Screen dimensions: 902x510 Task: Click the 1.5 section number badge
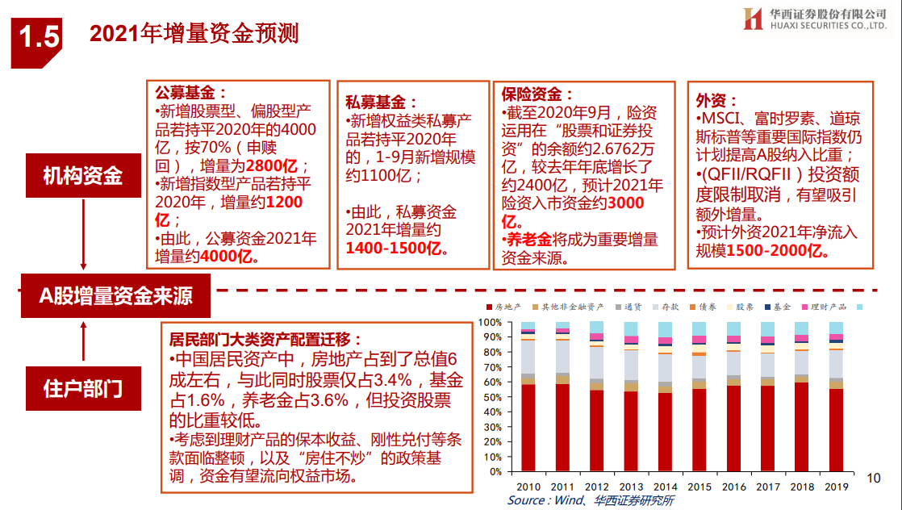[x=36, y=41]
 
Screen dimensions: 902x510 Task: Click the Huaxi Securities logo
[x=815, y=19]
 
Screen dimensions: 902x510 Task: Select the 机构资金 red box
[x=83, y=176]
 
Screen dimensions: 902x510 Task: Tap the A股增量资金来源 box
[x=115, y=296]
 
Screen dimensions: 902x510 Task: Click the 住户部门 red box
[x=83, y=388]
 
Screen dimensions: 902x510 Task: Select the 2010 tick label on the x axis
[x=528, y=487]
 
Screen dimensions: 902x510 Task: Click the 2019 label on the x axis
[x=837, y=487]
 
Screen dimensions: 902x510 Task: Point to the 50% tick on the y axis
[x=491, y=397]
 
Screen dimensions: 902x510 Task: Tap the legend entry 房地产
[x=503, y=307]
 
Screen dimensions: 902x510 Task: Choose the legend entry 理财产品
[x=825, y=307]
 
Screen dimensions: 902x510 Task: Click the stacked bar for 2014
[x=665, y=396]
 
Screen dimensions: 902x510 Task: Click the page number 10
[x=873, y=478]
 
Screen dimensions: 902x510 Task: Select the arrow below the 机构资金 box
[x=83, y=234]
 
